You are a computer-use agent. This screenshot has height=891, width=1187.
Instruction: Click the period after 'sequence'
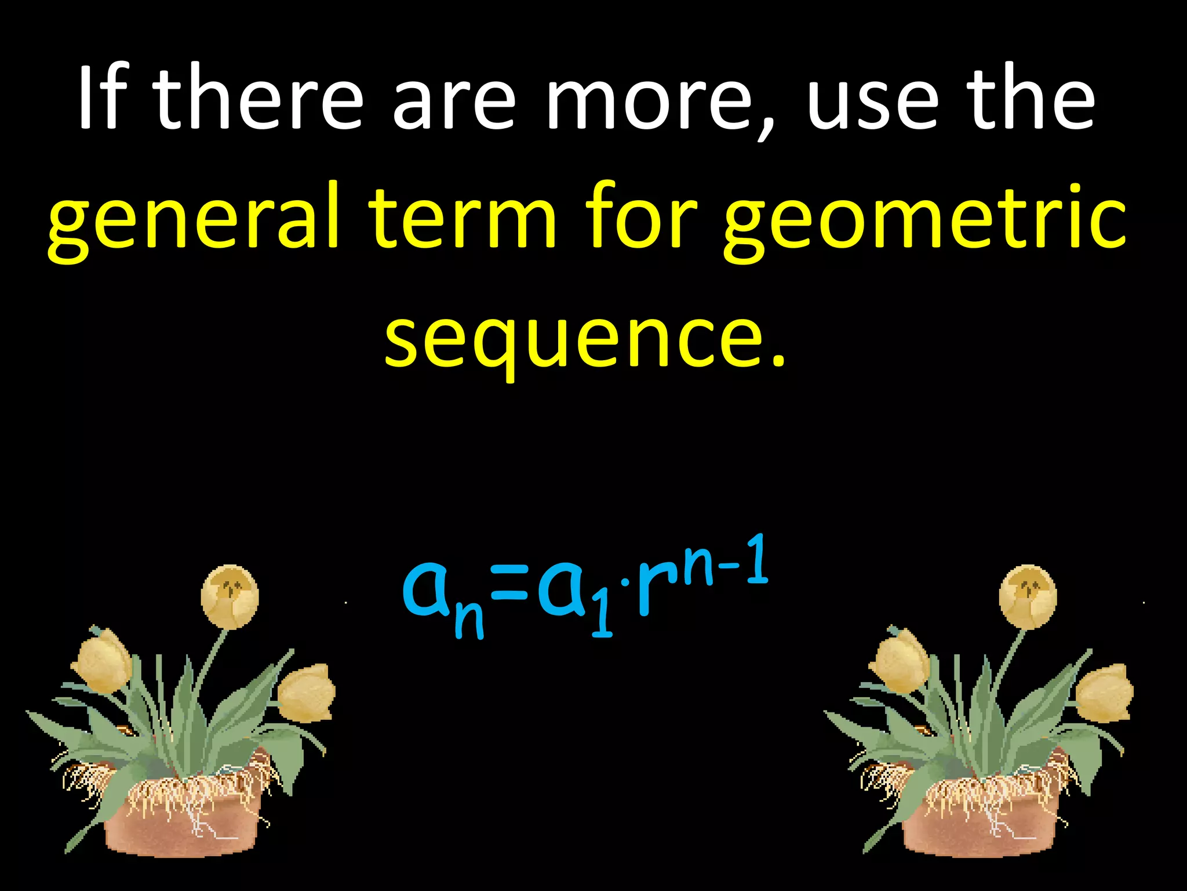point(778,363)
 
